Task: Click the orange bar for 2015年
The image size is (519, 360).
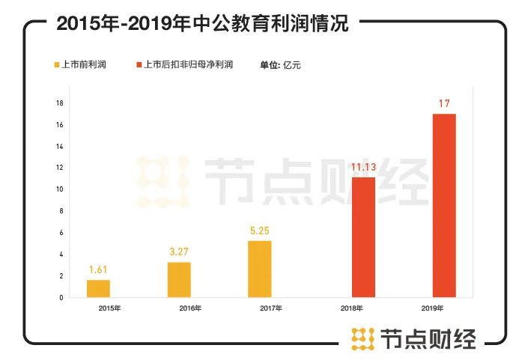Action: pyautogui.click(x=98, y=288)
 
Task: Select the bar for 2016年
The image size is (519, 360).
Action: pyautogui.click(x=179, y=280)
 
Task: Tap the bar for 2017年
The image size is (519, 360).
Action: pyautogui.click(x=260, y=269)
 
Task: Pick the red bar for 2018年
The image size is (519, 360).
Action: pyautogui.click(x=363, y=237)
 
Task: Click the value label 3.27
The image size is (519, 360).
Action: pyautogui.click(x=179, y=251)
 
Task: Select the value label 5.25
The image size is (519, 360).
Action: pyautogui.click(x=260, y=231)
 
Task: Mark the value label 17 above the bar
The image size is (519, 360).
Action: pyautogui.click(x=444, y=103)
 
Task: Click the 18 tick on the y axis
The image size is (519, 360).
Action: pyautogui.click(x=59, y=103)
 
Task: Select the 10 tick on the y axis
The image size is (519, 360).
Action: pyautogui.click(x=59, y=189)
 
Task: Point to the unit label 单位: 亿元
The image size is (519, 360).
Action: pyautogui.click(x=280, y=65)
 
